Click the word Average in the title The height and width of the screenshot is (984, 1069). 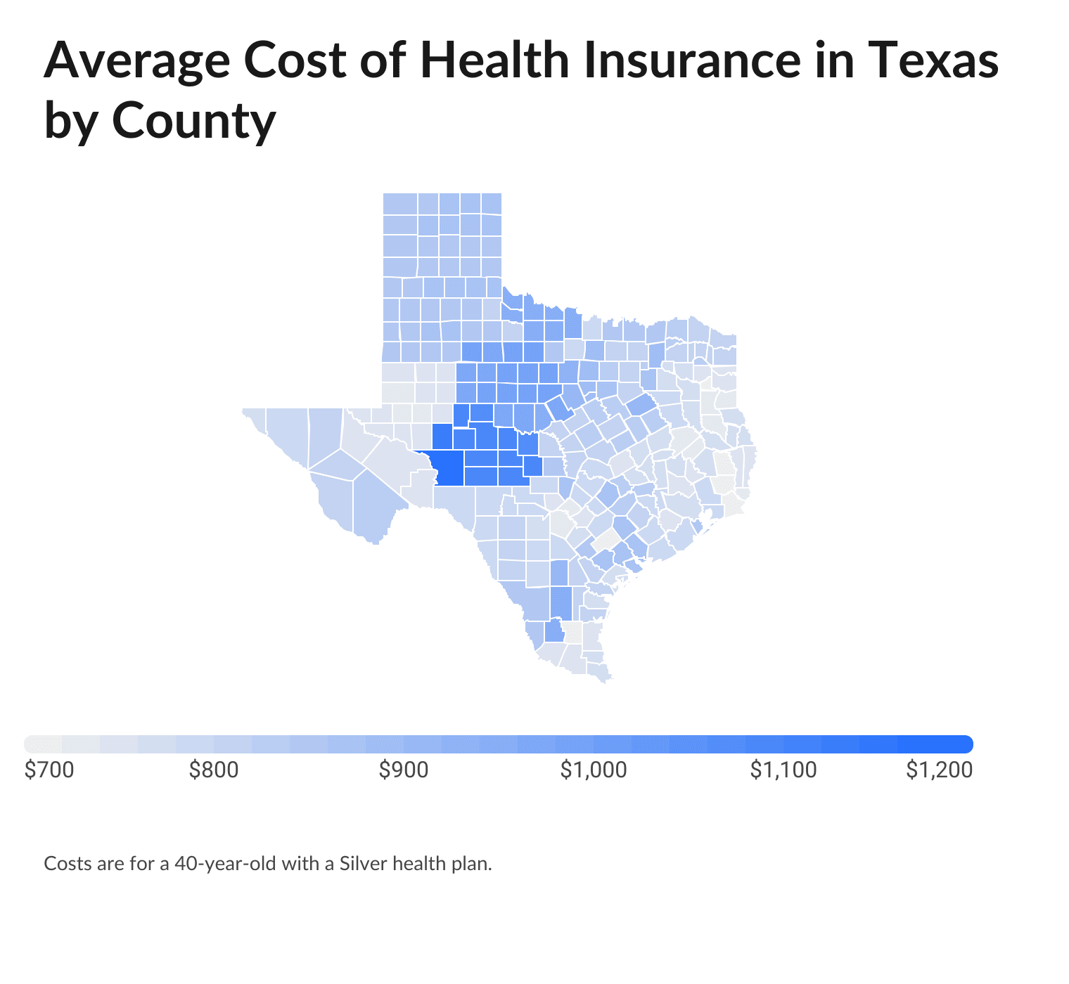coord(136,61)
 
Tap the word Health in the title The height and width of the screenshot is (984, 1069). coord(494,61)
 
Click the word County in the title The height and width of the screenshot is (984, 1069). coord(193,121)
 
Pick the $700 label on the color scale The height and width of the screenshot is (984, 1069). coord(49,770)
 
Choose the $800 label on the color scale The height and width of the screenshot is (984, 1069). coord(214,770)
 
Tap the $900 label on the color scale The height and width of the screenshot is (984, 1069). coord(404,770)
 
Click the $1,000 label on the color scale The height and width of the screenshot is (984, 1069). coord(594,770)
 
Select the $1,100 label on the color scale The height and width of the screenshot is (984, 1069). coord(783,770)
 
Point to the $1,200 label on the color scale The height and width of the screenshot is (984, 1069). coord(939,770)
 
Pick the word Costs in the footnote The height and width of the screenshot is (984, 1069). coord(68,863)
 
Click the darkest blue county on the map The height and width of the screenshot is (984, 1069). coord(449,468)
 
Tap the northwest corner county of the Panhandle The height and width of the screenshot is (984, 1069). coord(400,204)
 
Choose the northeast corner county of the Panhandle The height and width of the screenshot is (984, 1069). coord(491,204)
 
